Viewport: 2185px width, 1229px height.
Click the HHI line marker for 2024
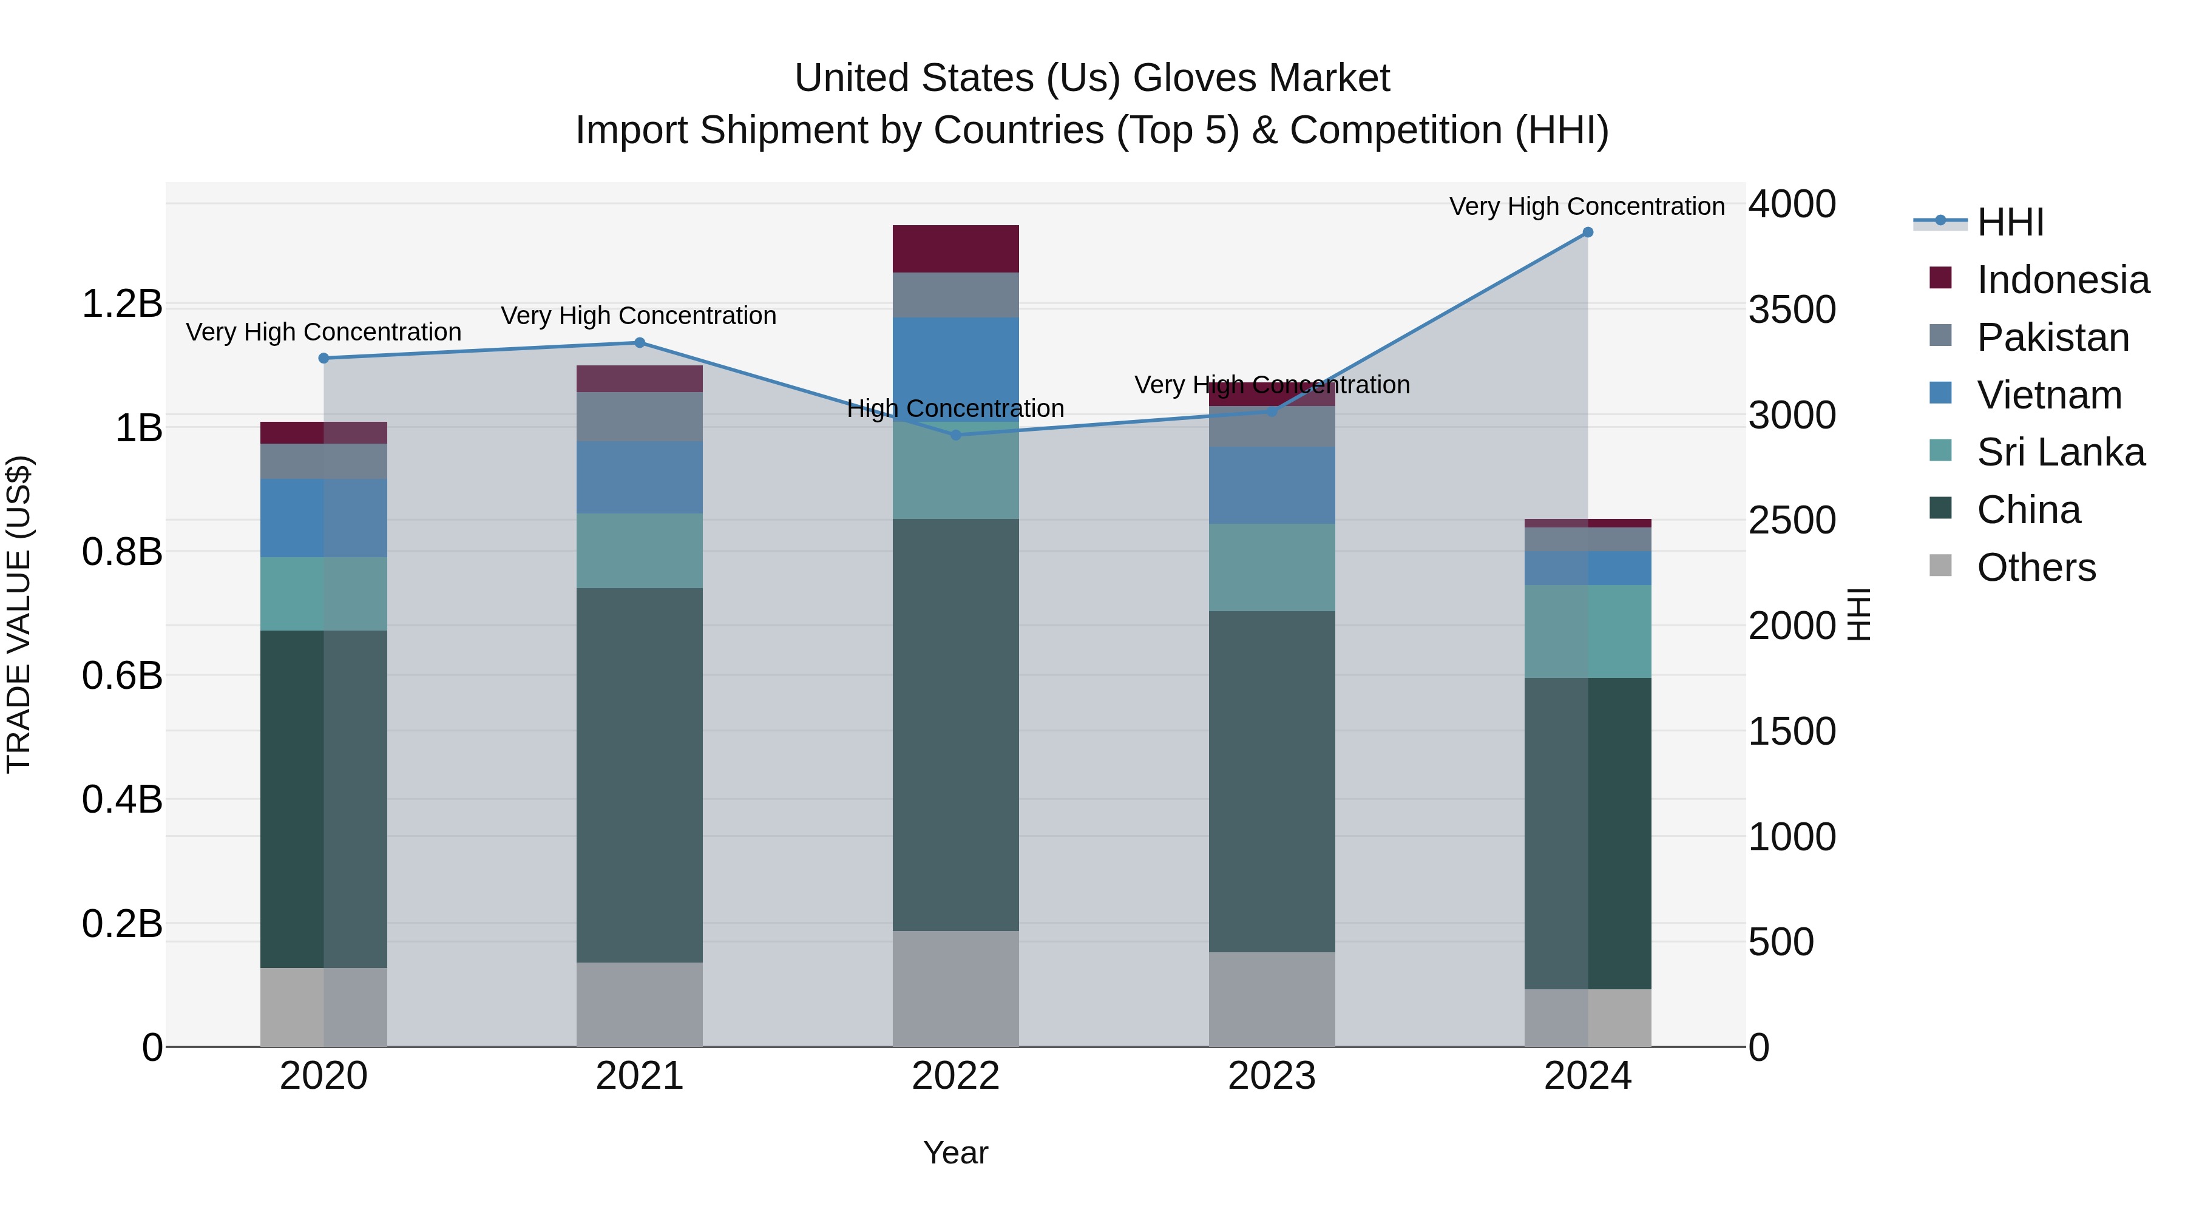(x=1587, y=232)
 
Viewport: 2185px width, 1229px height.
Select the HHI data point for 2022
(x=955, y=435)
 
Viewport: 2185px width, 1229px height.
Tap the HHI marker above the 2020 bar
(x=323, y=358)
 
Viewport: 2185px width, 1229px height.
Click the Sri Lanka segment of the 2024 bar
(x=1587, y=631)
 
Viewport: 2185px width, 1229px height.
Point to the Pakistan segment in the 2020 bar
(x=323, y=461)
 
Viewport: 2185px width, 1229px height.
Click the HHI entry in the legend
(x=2010, y=222)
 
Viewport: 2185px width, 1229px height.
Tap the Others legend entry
(x=2035, y=567)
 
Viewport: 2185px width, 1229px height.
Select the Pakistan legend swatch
(x=1940, y=336)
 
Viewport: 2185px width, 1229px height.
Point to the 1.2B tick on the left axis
(x=121, y=303)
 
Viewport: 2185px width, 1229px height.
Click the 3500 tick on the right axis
(x=1792, y=310)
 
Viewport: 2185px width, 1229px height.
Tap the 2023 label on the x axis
(x=1272, y=1076)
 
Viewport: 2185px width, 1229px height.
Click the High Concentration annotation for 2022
(x=955, y=409)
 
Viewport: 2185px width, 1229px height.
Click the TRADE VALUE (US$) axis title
(x=19, y=614)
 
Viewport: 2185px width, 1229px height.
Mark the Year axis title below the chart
(x=955, y=1153)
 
